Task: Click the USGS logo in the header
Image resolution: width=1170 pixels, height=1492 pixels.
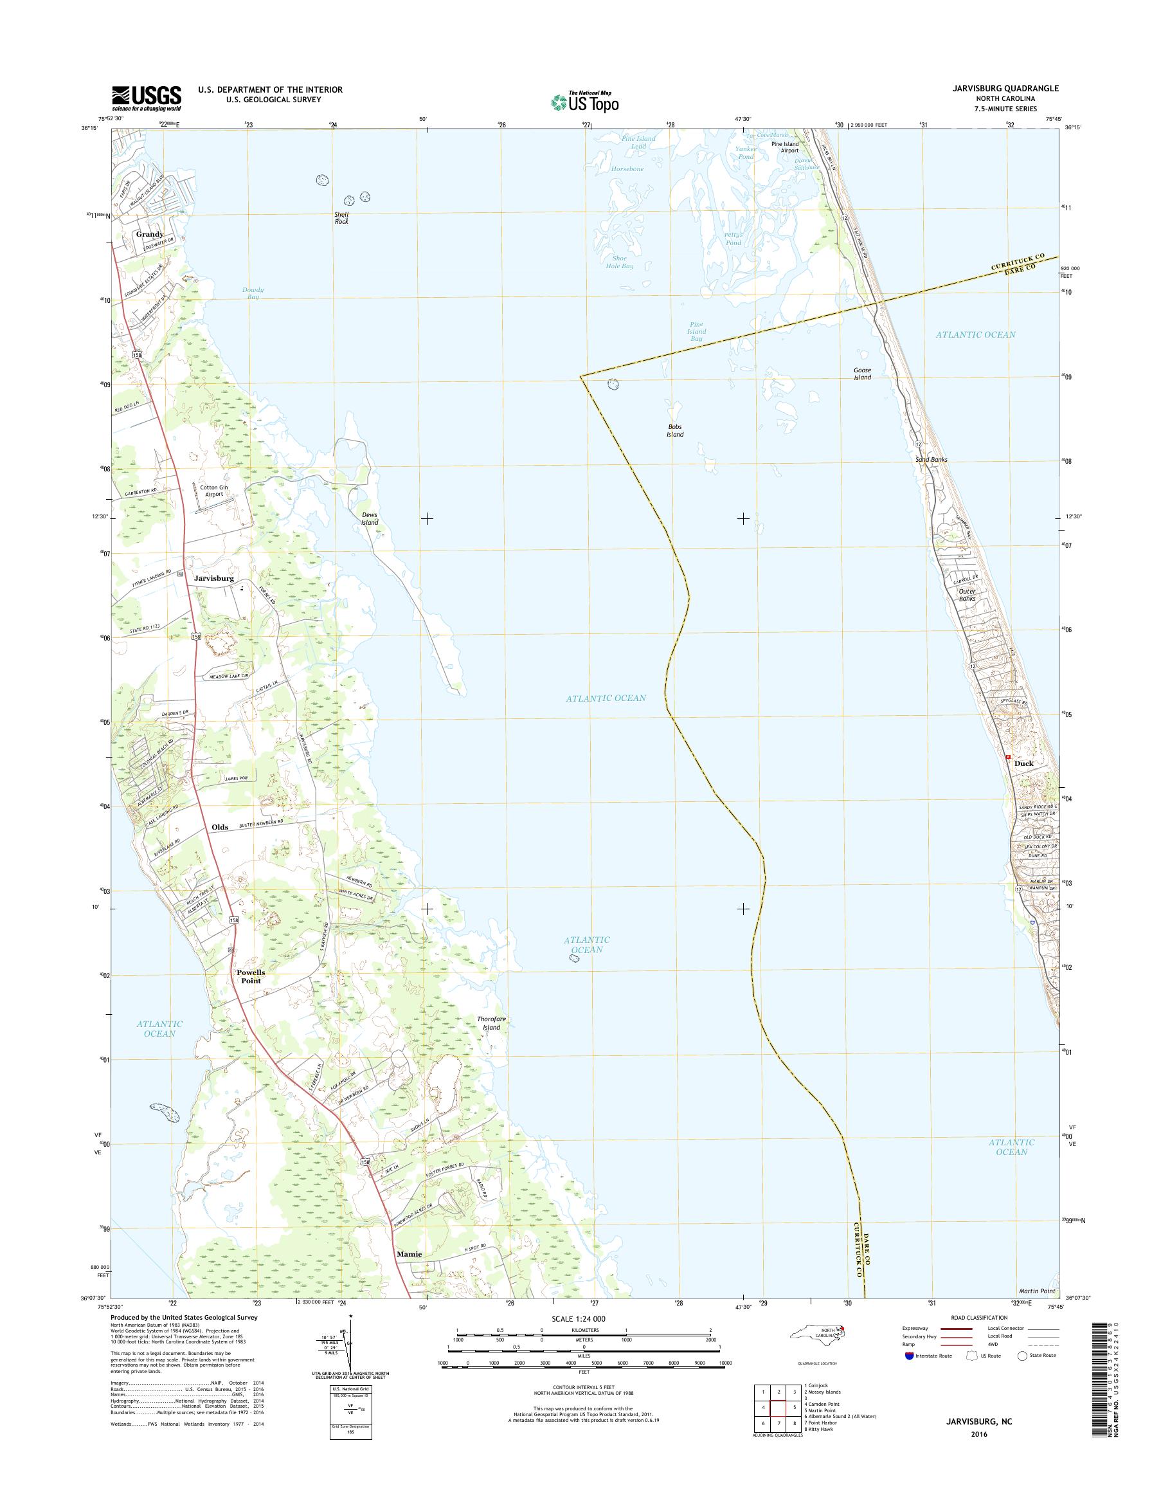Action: (147, 98)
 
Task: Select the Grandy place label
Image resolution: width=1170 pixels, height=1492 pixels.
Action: (149, 233)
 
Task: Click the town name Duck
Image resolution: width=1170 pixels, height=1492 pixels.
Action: (1023, 763)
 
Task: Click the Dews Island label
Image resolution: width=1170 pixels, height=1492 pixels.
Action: (370, 518)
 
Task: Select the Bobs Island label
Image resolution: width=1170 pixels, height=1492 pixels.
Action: (675, 430)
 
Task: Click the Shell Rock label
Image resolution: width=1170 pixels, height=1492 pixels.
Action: (341, 218)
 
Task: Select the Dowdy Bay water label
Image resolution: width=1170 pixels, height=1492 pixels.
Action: (253, 293)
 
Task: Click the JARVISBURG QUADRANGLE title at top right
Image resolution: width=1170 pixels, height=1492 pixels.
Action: (1012, 88)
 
